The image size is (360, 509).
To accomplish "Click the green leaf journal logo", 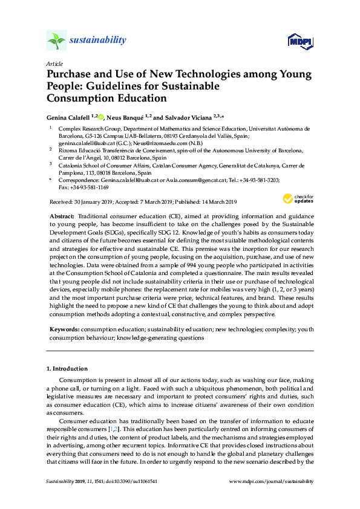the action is [x=56, y=41].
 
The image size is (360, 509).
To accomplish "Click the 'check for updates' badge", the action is [x=298, y=199].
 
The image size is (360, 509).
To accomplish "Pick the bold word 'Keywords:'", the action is [x=65, y=330].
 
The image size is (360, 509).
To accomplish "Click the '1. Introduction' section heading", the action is [x=67, y=368].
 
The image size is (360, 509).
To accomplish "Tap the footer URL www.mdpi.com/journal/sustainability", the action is [x=272, y=481].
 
